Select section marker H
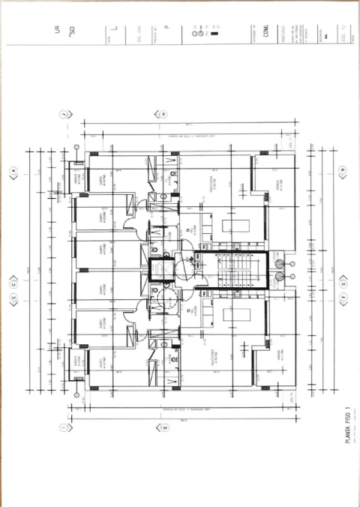tap(162, 114)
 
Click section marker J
tap(64, 114)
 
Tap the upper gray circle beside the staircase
tap(279, 264)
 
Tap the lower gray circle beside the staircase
tap(279, 277)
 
